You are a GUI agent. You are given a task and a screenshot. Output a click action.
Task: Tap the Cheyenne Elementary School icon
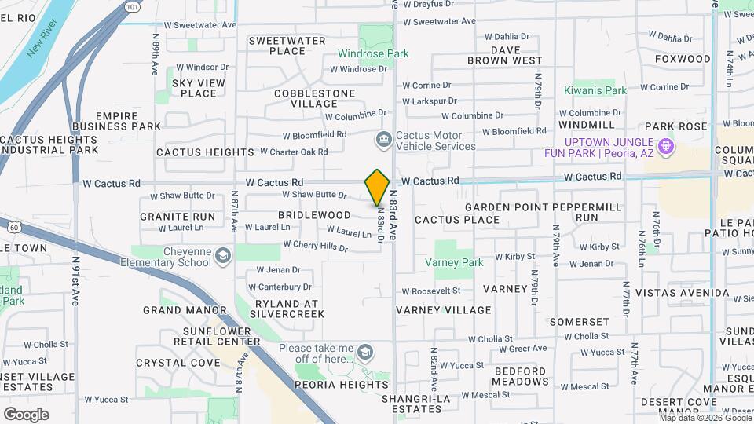(x=223, y=257)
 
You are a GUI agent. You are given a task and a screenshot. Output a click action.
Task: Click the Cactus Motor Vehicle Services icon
(x=383, y=140)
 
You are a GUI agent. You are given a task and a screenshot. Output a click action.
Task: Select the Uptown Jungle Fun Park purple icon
(x=665, y=146)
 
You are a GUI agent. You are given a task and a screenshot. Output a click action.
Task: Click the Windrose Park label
(x=373, y=54)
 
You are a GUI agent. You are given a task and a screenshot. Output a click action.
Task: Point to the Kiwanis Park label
(x=595, y=90)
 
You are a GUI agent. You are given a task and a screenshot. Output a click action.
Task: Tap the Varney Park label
(x=454, y=262)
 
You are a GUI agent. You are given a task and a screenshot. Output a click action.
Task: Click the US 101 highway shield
(x=131, y=6)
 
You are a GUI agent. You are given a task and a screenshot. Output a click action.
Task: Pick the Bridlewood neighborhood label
(x=314, y=215)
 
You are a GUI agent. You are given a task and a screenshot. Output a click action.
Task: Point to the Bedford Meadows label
(x=521, y=376)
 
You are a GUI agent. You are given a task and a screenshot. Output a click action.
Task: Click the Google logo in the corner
(x=26, y=414)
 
